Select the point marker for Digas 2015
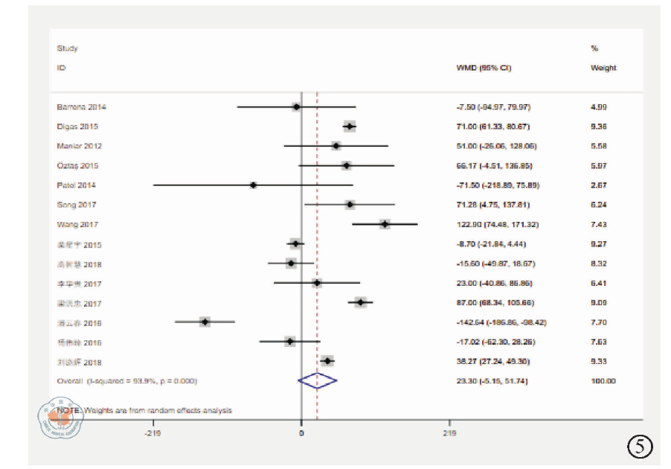coord(349,127)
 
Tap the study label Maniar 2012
coord(80,146)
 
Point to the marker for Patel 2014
coord(254,185)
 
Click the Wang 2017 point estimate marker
coord(385,223)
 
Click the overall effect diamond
coord(318,380)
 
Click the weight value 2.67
coord(599,185)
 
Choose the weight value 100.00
coord(603,380)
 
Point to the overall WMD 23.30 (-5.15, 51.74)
coord(492,380)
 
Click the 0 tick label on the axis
coord(301,433)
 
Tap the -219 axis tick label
coord(153,433)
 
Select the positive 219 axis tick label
coord(449,433)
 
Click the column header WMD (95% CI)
coord(484,68)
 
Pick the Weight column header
coord(603,68)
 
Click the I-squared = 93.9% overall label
coord(127,380)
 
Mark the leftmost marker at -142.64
coord(205,322)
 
